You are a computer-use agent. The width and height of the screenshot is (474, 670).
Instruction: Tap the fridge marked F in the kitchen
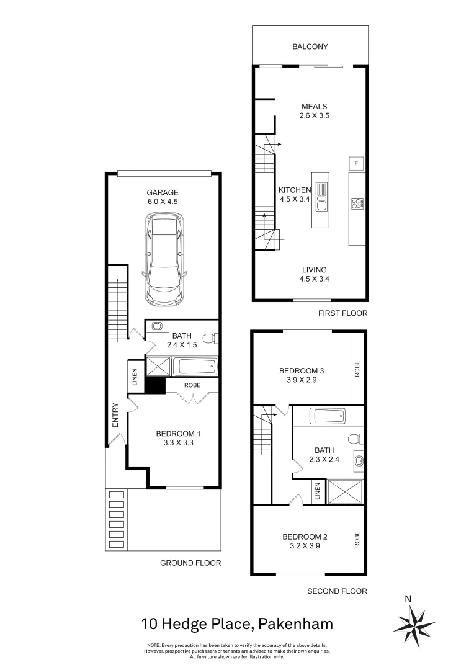tap(356, 163)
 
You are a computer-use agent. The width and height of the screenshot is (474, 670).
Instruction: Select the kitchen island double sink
tap(321, 198)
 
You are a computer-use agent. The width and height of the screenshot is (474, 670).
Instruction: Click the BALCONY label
tap(310, 47)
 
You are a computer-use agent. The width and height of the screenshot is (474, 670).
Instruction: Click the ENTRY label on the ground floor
tap(115, 415)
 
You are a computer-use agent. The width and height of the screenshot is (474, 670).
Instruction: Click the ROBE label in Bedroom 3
tap(357, 368)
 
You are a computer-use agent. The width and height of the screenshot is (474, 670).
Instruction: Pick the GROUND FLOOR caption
tap(190, 563)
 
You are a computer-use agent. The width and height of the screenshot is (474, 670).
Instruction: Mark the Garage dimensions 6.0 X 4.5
tap(163, 202)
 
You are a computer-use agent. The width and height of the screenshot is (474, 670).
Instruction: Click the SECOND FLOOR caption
tap(338, 591)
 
